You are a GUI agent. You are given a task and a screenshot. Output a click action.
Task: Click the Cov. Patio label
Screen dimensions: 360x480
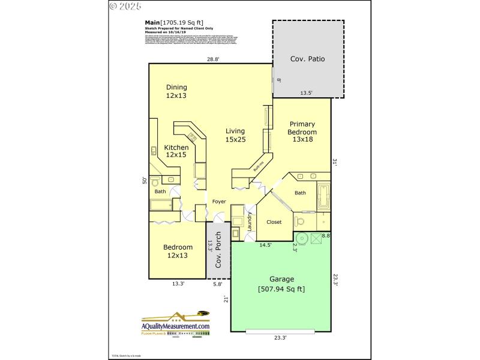(x=308, y=59)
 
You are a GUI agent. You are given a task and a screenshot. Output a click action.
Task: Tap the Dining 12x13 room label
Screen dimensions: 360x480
(x=176, y=91)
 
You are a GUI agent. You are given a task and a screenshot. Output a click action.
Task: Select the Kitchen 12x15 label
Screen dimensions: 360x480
(x=176, y=151)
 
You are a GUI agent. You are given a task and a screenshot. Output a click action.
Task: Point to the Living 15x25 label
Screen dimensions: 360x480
(x=236, y=135)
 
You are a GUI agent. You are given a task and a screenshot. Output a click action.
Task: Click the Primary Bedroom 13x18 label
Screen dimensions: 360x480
(x=302, y=132)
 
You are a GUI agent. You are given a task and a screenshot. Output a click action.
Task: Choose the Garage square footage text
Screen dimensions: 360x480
(x=281, y=289)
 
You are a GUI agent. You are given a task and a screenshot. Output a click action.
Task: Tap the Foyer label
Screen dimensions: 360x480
(x=219, y=202)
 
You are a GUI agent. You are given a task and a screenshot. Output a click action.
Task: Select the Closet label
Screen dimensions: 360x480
(x=274, y=222)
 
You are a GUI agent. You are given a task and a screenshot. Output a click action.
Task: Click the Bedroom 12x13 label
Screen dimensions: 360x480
(x=178, y=251)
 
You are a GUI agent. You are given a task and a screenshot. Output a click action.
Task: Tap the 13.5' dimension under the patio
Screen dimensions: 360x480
(x=306, y=93)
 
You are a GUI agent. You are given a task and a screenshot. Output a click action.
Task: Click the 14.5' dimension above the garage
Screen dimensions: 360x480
(x=265, y=245)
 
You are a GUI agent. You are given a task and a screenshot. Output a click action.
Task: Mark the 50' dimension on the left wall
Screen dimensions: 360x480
(x=144, y=180)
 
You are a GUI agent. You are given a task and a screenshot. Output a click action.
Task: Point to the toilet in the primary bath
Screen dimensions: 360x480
(x=300, y=221)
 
